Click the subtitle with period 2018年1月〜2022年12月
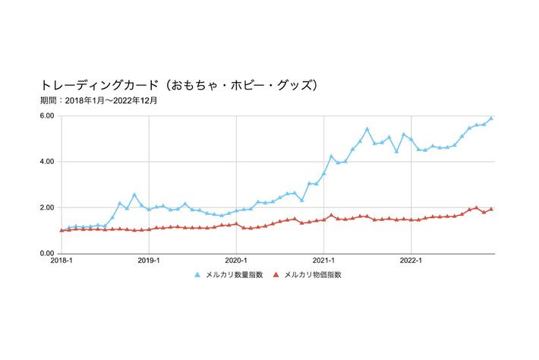click(x=99, y=100)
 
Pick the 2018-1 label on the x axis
click(x=61, y=261)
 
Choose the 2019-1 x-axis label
click(x=150, y=261)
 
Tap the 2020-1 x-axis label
click(x=237, y=261)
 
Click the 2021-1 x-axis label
click(x=324, y=261)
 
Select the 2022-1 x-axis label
click(x=411, y=261)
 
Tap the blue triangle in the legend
click(x=199, y=274)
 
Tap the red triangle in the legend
click(x=276, y=274)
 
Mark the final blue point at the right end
click(x=491, y=118)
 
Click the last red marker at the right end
click(x=491, y=209)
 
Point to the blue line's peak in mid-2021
click(x=367, y=129)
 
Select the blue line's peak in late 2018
click(x=134, y=195)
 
